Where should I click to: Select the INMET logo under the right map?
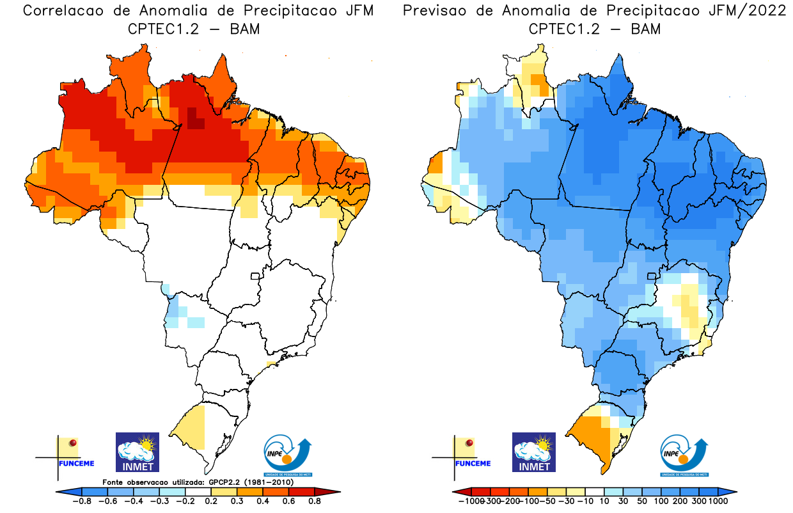click(x=534, y=452)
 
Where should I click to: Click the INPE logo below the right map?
click(x=685, y=454)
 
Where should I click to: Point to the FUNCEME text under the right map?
click(x=472, y=464)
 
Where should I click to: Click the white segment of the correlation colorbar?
click(x=198, y=491)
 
